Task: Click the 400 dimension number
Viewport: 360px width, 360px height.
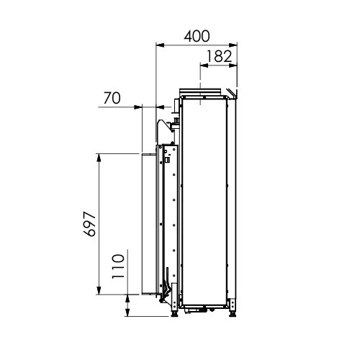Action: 197,36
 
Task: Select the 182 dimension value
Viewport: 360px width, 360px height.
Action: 219,56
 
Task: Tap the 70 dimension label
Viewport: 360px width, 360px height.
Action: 112,98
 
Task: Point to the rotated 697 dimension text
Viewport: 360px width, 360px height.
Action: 90,224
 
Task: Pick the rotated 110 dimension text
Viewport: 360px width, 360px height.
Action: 118,266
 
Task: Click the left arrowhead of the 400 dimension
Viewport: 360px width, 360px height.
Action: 160,45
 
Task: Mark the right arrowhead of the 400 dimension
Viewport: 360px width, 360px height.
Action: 233,45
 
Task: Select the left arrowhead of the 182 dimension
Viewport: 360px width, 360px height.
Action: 204,65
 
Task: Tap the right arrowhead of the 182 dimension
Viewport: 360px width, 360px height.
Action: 233,65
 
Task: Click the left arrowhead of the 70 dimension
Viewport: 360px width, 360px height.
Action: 138,107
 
